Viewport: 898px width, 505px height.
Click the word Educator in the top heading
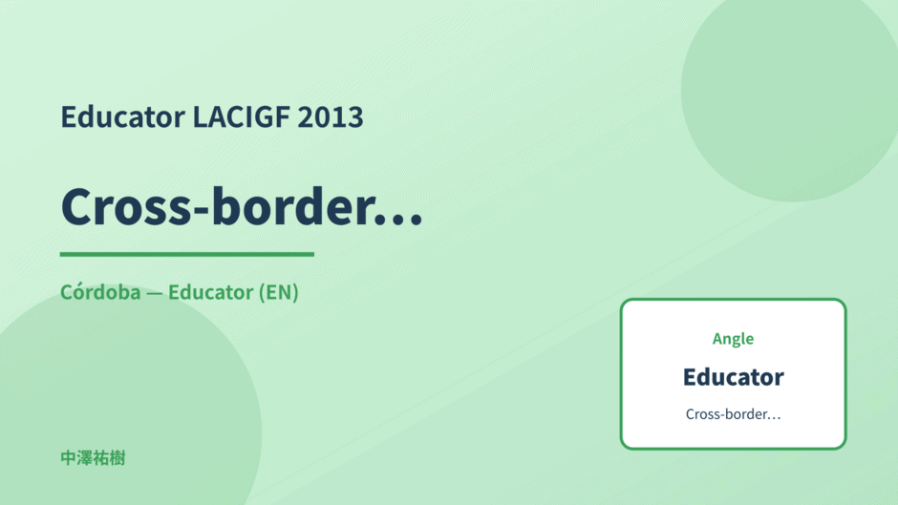[122, 116]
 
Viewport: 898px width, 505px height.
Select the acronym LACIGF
[241, 116]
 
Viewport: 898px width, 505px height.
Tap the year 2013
[331, 116]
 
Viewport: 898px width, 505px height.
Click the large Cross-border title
[242, 206]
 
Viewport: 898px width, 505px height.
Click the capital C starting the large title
[77, 207]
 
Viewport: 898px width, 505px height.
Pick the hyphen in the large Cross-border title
[202, 211]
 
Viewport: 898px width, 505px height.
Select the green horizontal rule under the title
[186, 254]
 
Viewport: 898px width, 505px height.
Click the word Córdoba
[100, 292]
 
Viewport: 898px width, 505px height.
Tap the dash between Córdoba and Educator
[154, 293]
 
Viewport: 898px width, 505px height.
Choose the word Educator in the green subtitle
[210, 292]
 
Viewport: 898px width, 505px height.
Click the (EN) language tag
[278, 292]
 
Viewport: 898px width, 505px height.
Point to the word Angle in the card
[733, 339]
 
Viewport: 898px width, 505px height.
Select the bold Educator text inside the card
[733, 377]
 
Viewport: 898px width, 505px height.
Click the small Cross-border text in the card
[733, 414]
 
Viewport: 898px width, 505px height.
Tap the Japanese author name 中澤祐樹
[93, 458]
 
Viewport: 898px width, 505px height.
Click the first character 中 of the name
[68, 458]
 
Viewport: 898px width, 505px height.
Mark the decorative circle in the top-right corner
[790, 92]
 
